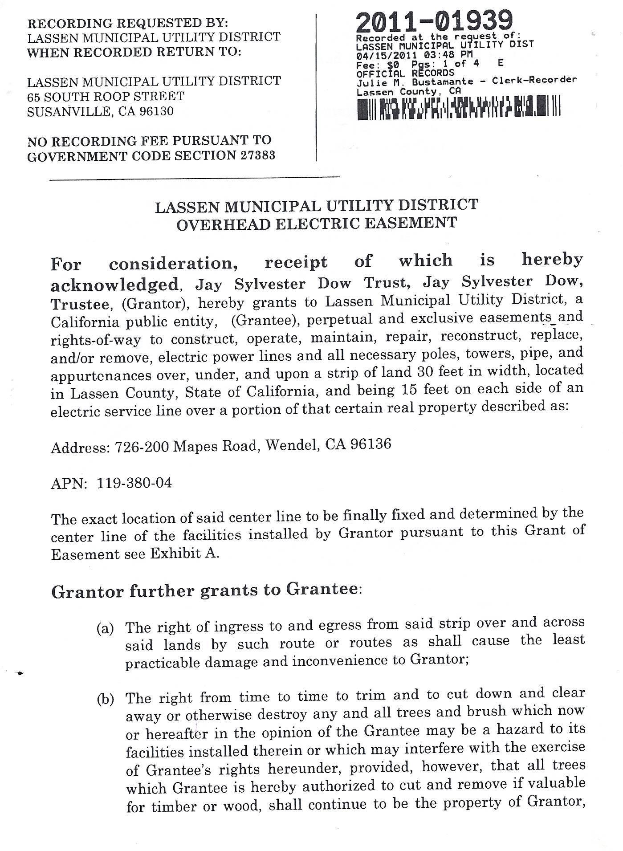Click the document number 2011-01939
click(x=434, y=21)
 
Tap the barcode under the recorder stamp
click(x=458, y=108)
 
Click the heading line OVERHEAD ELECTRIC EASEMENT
click(x=317, y=223)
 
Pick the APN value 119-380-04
click(x=134, y=483)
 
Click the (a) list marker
click(x=105, y=628)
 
